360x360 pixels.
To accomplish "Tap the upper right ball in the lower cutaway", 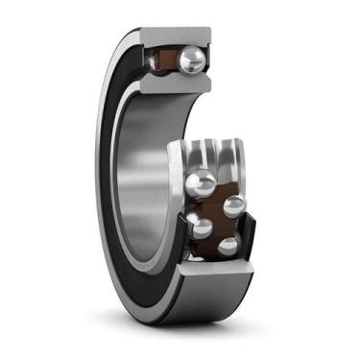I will click(233, 205).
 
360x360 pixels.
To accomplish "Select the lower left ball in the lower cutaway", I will click(200, 227).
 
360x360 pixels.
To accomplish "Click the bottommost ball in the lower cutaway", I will click(228, 246).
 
